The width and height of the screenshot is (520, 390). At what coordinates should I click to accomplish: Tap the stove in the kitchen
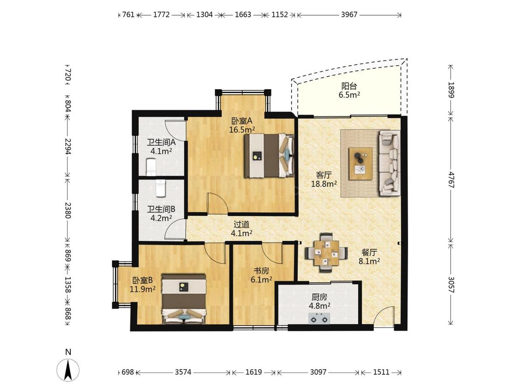[319, 319]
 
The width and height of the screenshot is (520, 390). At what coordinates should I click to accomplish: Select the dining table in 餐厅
[326, 253]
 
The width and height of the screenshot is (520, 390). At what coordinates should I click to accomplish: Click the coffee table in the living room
[361, 164]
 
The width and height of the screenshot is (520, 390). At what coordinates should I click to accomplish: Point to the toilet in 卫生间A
[151, 167]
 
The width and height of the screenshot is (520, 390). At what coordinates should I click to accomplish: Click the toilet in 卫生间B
[160, 188]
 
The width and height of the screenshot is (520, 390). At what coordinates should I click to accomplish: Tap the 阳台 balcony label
[349, 86]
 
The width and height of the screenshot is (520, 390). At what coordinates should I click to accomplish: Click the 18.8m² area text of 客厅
[324, 183]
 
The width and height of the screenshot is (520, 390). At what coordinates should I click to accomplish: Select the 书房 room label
[261, 271]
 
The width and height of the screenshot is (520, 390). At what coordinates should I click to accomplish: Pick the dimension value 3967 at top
[349, 15]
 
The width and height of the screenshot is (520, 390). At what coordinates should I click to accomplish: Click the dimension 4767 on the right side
[451, 179]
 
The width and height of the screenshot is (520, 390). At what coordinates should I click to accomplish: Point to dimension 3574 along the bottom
[183, 372]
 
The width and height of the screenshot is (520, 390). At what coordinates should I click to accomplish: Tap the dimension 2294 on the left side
[68, 146]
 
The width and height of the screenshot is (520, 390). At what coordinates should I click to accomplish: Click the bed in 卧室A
[269, 156]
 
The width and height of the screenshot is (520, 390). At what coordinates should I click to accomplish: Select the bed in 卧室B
[184, 299]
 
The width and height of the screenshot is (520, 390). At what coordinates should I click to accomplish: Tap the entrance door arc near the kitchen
[384, 316]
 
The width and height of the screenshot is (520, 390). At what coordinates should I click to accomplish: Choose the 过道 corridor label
[241, 225]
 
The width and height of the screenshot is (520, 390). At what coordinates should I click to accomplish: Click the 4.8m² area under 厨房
[319, 306]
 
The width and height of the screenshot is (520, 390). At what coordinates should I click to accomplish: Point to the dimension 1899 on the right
[451, 90]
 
